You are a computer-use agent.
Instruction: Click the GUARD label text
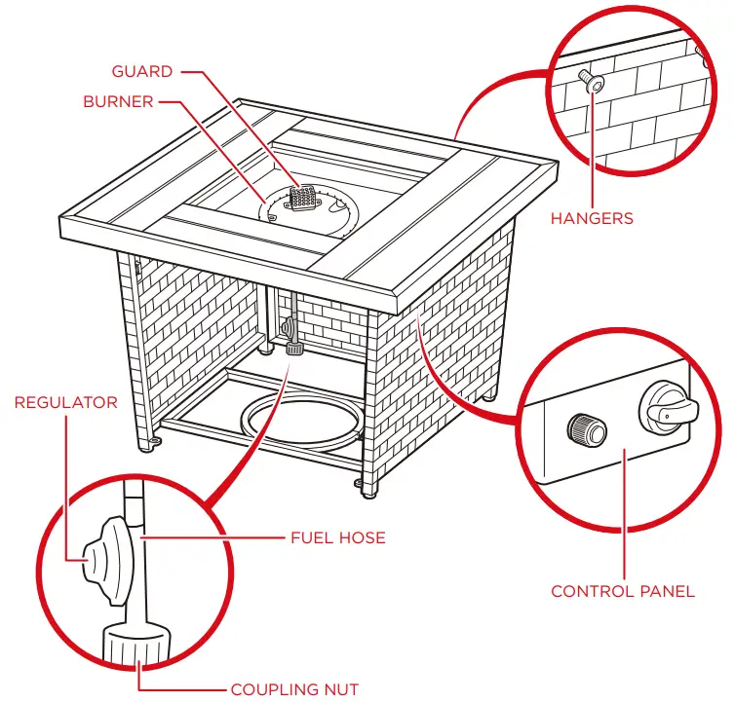(x=142, y=71)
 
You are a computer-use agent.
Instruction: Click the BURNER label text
(x=118, y=101)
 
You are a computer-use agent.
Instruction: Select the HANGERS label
(x=592, y=218)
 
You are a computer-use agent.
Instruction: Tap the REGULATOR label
(x=65, y=402)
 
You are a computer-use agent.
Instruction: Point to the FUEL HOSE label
(x=338, y=536)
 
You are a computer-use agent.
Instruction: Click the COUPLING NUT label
(x=294, y=689)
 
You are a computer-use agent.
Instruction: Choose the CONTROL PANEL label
(x=623, y=591)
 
